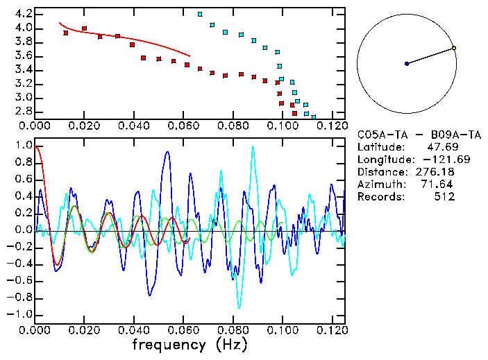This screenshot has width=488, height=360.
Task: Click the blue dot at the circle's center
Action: [407, 64]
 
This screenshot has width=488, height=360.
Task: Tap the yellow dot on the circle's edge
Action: [453, 48]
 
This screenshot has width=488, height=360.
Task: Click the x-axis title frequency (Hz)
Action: [190, 345]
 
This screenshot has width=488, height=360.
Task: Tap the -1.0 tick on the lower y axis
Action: [21, 314]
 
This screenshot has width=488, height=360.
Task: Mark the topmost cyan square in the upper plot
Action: [200, 14]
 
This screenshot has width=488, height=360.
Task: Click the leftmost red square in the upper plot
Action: [66, 33]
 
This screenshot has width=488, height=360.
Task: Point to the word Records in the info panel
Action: [379, 197]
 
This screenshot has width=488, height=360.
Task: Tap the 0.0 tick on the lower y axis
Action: [23, 230]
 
